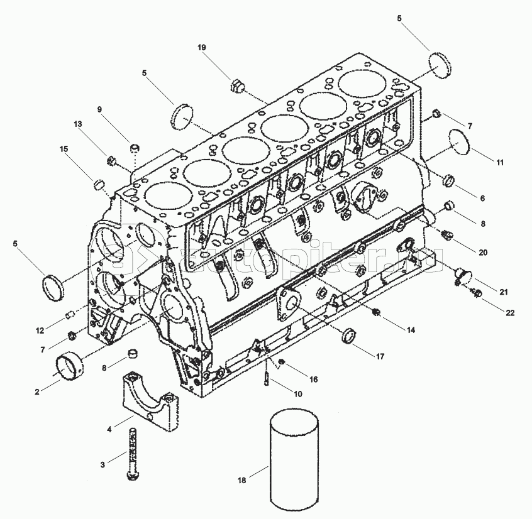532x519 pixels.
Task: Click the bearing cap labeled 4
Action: click(x=151, y=402)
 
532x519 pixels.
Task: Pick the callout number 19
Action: click(x=201, y=48)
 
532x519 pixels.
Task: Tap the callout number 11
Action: click(x=499, y=163)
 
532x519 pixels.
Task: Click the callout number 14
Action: click(x=411, y=329)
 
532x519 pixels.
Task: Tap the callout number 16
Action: click(x=313, y=379)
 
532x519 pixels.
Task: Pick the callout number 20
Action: click(x=482, y=253)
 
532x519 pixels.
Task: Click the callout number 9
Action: click(x=99, y=109)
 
